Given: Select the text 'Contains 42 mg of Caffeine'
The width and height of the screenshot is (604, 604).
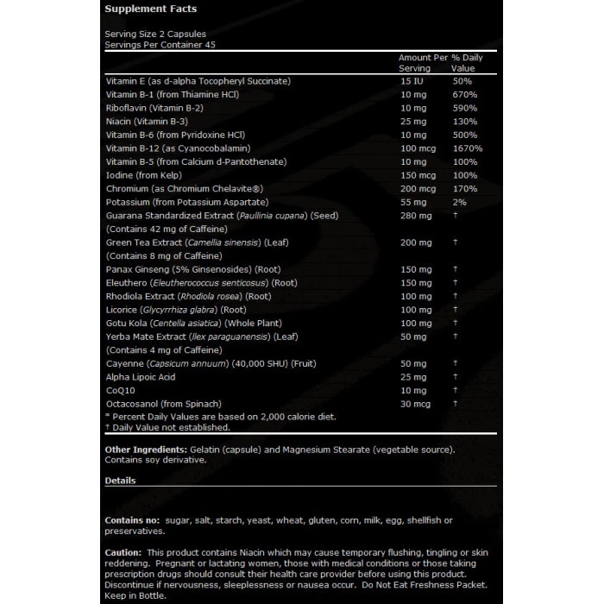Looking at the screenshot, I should tap(167, 230).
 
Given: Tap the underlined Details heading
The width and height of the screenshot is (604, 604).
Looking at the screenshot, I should tap(120, 480).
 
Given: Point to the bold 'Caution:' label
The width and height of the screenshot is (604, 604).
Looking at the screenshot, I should tap(123, 551).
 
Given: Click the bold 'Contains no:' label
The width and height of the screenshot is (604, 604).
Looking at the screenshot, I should tap(131, 520).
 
